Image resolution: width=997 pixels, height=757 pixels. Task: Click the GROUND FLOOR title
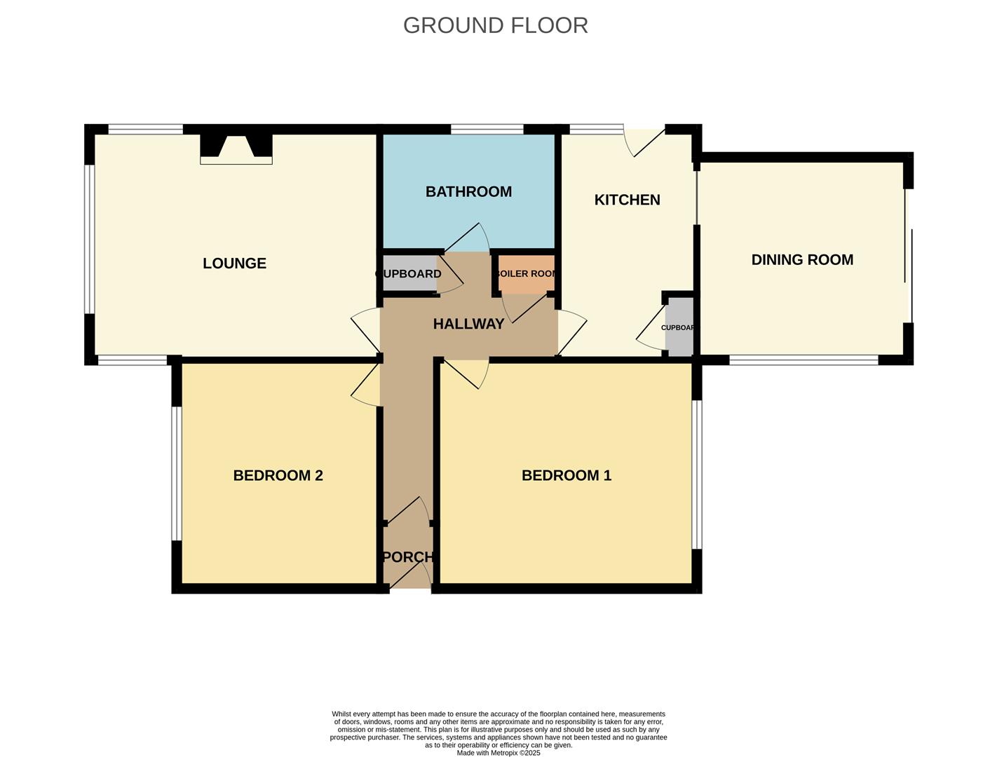496,25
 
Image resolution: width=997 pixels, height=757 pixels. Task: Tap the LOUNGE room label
234,264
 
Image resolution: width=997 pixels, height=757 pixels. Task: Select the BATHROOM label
468,191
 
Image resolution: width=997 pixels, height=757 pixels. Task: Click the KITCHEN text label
627,200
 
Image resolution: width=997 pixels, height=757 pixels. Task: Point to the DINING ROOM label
802,260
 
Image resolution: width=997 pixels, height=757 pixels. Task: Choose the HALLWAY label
468,324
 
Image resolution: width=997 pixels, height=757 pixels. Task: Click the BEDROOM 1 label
567,475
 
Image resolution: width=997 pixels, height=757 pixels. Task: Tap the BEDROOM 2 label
278,475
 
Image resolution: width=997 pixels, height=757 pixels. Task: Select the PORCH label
408,557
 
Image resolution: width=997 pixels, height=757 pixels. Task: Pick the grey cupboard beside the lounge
410,273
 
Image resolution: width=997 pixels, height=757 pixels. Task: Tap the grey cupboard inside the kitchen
679,327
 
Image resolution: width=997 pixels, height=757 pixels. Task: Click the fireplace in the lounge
236,149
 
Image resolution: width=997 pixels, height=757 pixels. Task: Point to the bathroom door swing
467,237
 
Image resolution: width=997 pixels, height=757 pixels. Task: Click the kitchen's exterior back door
644,142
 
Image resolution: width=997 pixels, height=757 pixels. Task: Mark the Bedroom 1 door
466,374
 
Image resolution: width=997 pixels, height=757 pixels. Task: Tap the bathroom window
487,130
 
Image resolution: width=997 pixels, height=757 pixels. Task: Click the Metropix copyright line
498,753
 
